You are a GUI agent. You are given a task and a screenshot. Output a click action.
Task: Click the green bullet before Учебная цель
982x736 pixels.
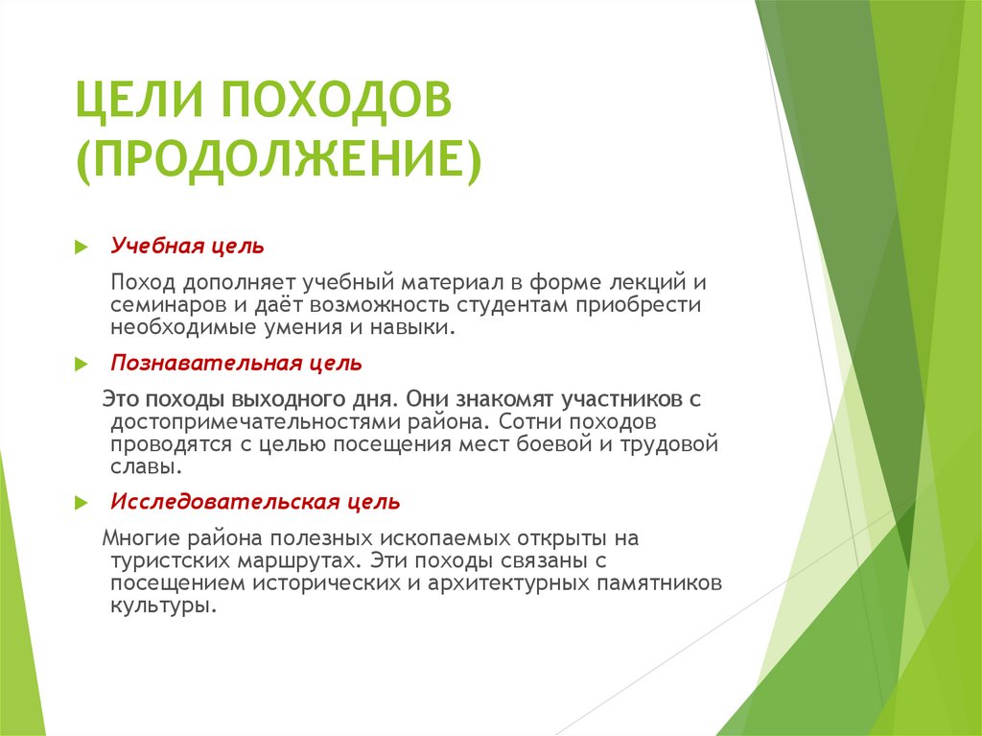pyautogui.click(x=82, y=247)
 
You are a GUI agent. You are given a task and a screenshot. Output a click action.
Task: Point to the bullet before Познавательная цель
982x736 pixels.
pyautogui.click(x=82, y=365)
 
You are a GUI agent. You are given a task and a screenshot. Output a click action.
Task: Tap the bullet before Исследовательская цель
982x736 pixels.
pyautogui.click(x=82, y=503)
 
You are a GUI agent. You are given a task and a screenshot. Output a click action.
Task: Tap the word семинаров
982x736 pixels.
pyautogui.click(x=160, y=305)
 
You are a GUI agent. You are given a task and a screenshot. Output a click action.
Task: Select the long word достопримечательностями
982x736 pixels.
pyautogui.click(x=252, y=421)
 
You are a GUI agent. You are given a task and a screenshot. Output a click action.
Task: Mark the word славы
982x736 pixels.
pyautogui.click(x=142, y=467)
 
